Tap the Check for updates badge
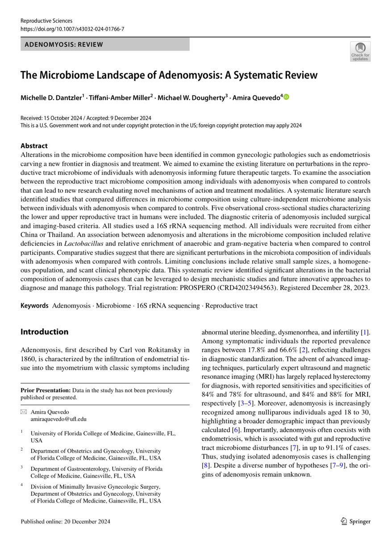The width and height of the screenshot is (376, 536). click(359, 51)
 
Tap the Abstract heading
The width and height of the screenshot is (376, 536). click(34, 146)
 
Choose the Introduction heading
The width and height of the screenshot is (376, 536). click(45, 332)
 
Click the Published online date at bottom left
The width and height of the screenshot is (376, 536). click(65, 521)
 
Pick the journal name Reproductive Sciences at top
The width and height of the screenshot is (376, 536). click(46, 21)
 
